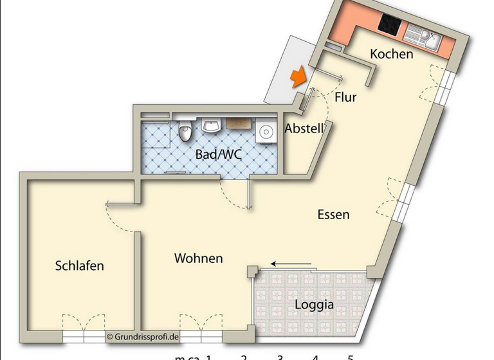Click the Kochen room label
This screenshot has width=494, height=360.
pyautogui.click(x=391, y=55)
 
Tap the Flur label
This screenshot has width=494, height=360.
pyautogui.click(x=345, y=98)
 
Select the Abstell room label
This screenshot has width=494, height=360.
pyautogui.click(x=304, y=128)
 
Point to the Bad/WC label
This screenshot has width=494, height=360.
pyautogui.click(x=214, y=154)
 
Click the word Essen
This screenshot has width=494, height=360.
pyautogui.click(x=334, y=215)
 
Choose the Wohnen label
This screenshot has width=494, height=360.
pyautogui.click(x=199, y=258)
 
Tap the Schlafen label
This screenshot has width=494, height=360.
pyautogui.click(x=80, y=265)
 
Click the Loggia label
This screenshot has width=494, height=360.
pyautogui.click(x=314, y=305)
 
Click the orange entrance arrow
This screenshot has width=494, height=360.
pyautogui.click(x=297, y=78)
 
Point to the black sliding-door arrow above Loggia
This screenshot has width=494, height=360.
pyautogui.click(x=291, y=264)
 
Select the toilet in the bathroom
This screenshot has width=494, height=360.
pyautogui.click(x=185, y=130)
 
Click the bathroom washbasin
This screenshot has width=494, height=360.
pyautogui.click(x=210, y=124)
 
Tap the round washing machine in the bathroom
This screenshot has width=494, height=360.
pyautogui.click(x=264, y=132)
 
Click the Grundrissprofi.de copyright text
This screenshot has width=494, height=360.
pyautogui.click(x=143, y=336)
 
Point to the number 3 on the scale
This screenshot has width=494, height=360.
pyautogui.click(x=280, y=356)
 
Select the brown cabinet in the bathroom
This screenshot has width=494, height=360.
pyautogui.click(x=238, y=122)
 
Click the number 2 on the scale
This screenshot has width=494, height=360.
pyautogui.click(x=244, y=356)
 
